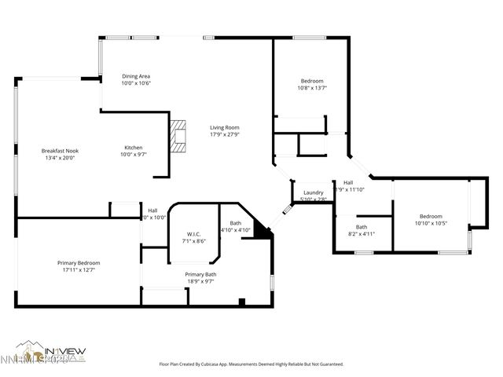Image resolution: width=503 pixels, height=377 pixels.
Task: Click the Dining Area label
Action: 136,76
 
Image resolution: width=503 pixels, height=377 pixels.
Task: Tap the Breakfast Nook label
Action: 60,151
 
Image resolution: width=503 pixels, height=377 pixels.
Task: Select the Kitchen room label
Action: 133,148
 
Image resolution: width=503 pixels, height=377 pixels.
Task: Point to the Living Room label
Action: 224,127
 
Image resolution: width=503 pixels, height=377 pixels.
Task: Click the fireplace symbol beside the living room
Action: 180,134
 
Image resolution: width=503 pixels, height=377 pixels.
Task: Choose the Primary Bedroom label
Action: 79,262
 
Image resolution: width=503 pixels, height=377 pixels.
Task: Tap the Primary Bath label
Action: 200,274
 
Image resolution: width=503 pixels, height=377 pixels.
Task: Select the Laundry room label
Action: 314,192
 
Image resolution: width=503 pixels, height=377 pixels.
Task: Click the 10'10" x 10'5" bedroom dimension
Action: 431,223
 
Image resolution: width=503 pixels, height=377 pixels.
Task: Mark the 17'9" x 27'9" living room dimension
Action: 224,134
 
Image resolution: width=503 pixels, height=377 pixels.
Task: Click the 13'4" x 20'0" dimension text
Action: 60,158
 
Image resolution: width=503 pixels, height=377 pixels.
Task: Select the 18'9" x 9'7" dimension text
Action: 200,281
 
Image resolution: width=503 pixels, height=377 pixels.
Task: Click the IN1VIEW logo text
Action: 65,351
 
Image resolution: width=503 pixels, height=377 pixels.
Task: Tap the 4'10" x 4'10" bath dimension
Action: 236,230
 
